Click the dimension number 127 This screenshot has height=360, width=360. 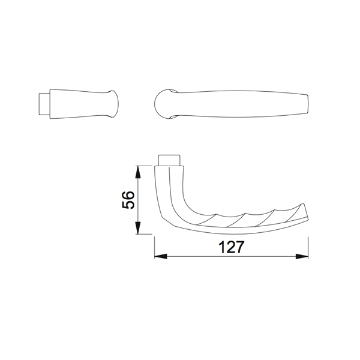pos(230,247)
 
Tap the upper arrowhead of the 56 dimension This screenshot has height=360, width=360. pos(138,170)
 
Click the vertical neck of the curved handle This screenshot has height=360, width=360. pos(169,183)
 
